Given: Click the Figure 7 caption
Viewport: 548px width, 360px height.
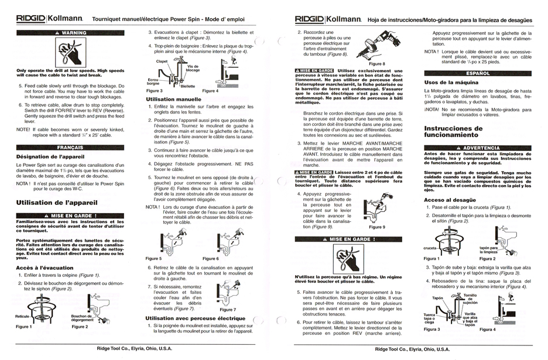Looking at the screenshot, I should coord(228,309).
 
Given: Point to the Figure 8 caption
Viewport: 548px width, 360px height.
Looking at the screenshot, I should coord(377,63).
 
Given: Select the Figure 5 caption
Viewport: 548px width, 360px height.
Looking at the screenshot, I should coord(153,258).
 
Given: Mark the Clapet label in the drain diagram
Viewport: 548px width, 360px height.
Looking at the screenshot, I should coord(162,61).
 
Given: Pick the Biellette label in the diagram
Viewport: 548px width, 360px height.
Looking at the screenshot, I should coord(187,86).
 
